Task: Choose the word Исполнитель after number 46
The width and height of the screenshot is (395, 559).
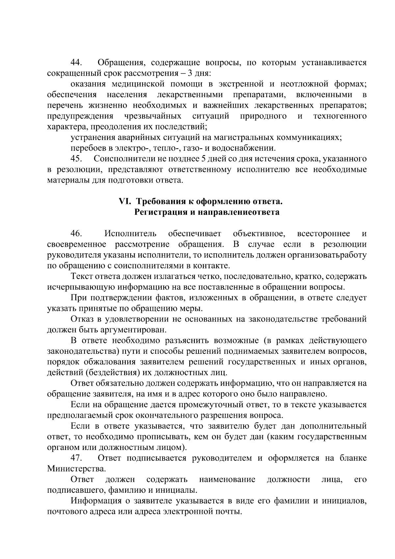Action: click(131, 234)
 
